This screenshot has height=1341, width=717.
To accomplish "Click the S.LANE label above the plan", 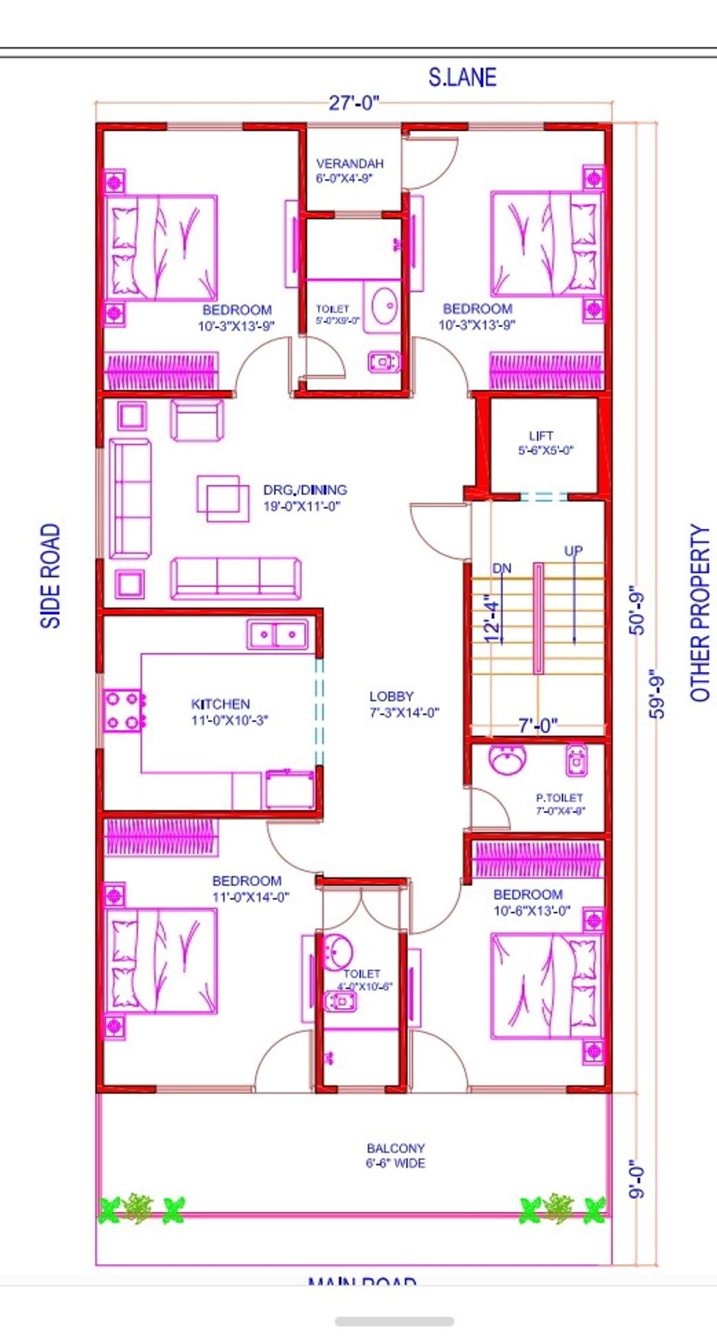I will pos(462,78).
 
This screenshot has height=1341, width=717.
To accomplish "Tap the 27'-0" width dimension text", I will pos(354,103).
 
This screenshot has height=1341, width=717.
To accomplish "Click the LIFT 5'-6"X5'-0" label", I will pos(544,443).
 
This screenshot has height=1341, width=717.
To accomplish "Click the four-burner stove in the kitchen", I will pos(123,711).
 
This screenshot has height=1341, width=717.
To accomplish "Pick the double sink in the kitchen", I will pos(277,634).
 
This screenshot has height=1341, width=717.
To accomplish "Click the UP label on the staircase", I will pos(573,550).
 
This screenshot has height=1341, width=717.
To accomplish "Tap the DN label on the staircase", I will pos(502,568).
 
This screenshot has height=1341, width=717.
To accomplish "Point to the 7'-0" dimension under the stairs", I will pos(538,725).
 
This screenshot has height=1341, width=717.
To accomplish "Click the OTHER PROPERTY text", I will pos(700,612).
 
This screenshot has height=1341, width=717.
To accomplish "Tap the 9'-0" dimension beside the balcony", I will pos(637,1179).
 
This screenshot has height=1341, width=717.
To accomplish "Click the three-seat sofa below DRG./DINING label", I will pos(236,578).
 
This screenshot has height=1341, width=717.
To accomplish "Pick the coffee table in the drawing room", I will pos(223,498).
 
